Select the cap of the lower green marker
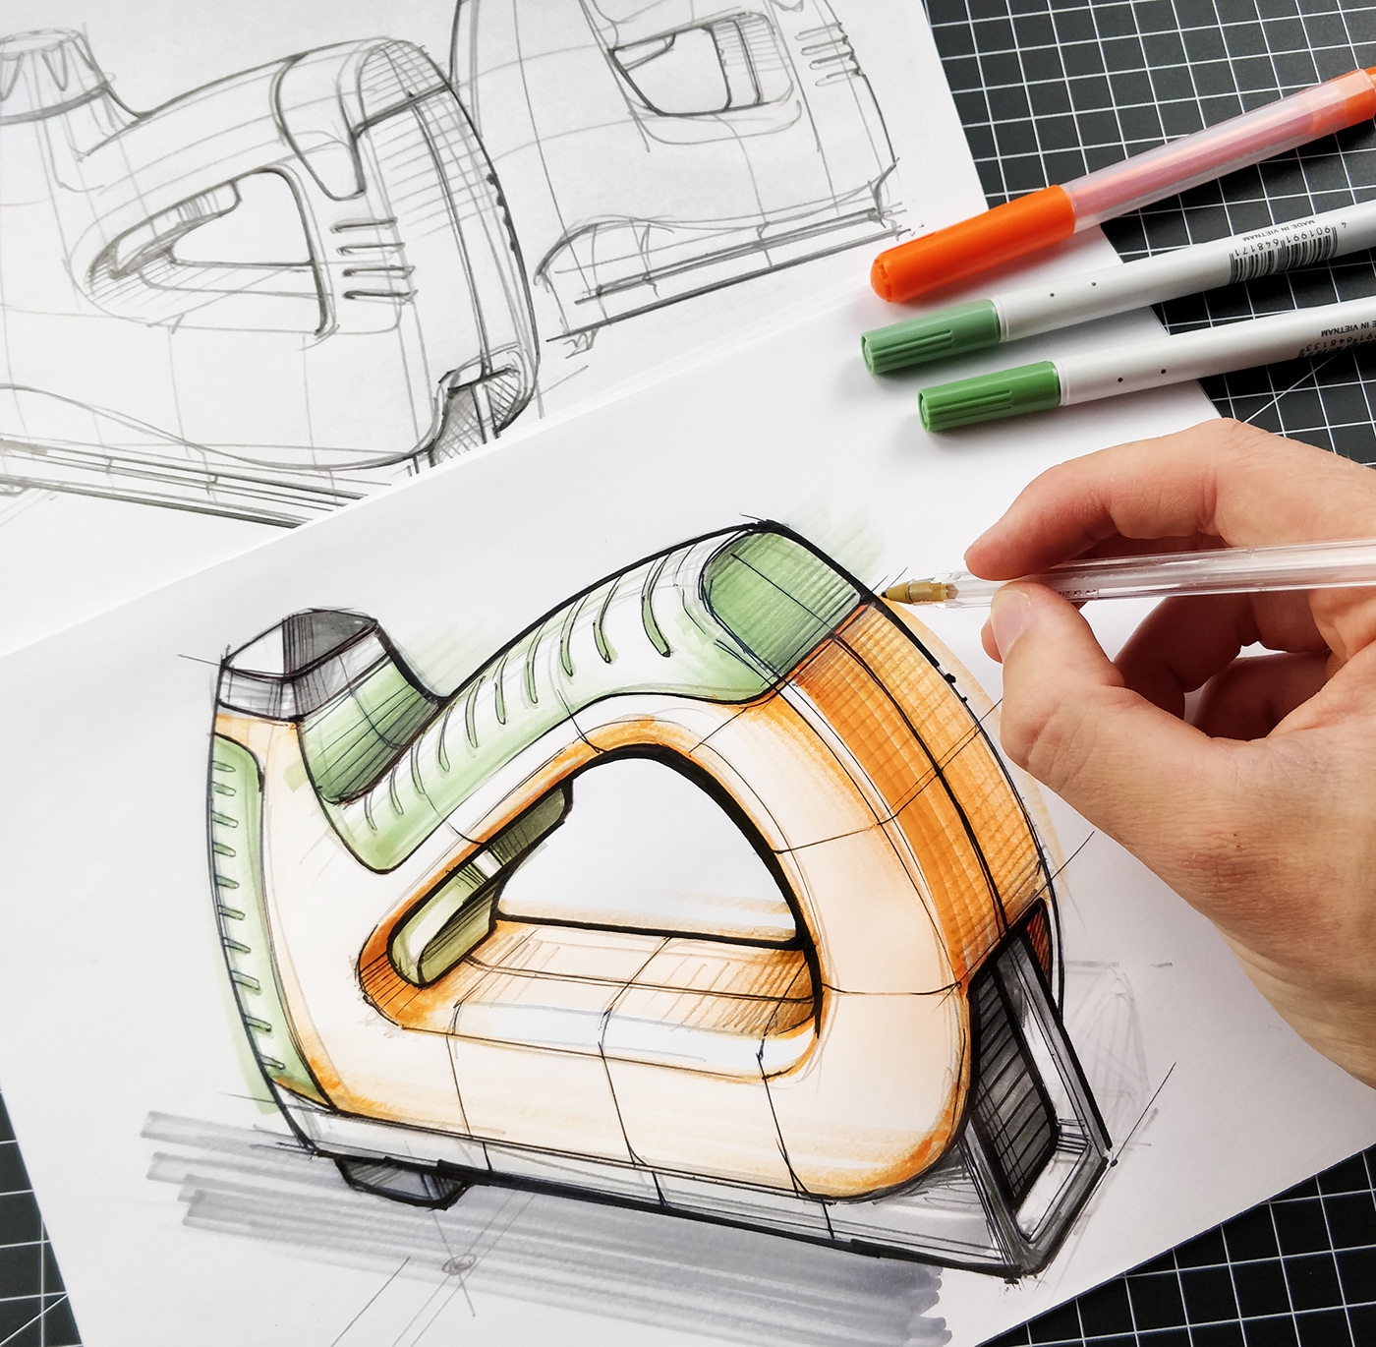point(989,395)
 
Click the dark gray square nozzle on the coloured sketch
point(300,654)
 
